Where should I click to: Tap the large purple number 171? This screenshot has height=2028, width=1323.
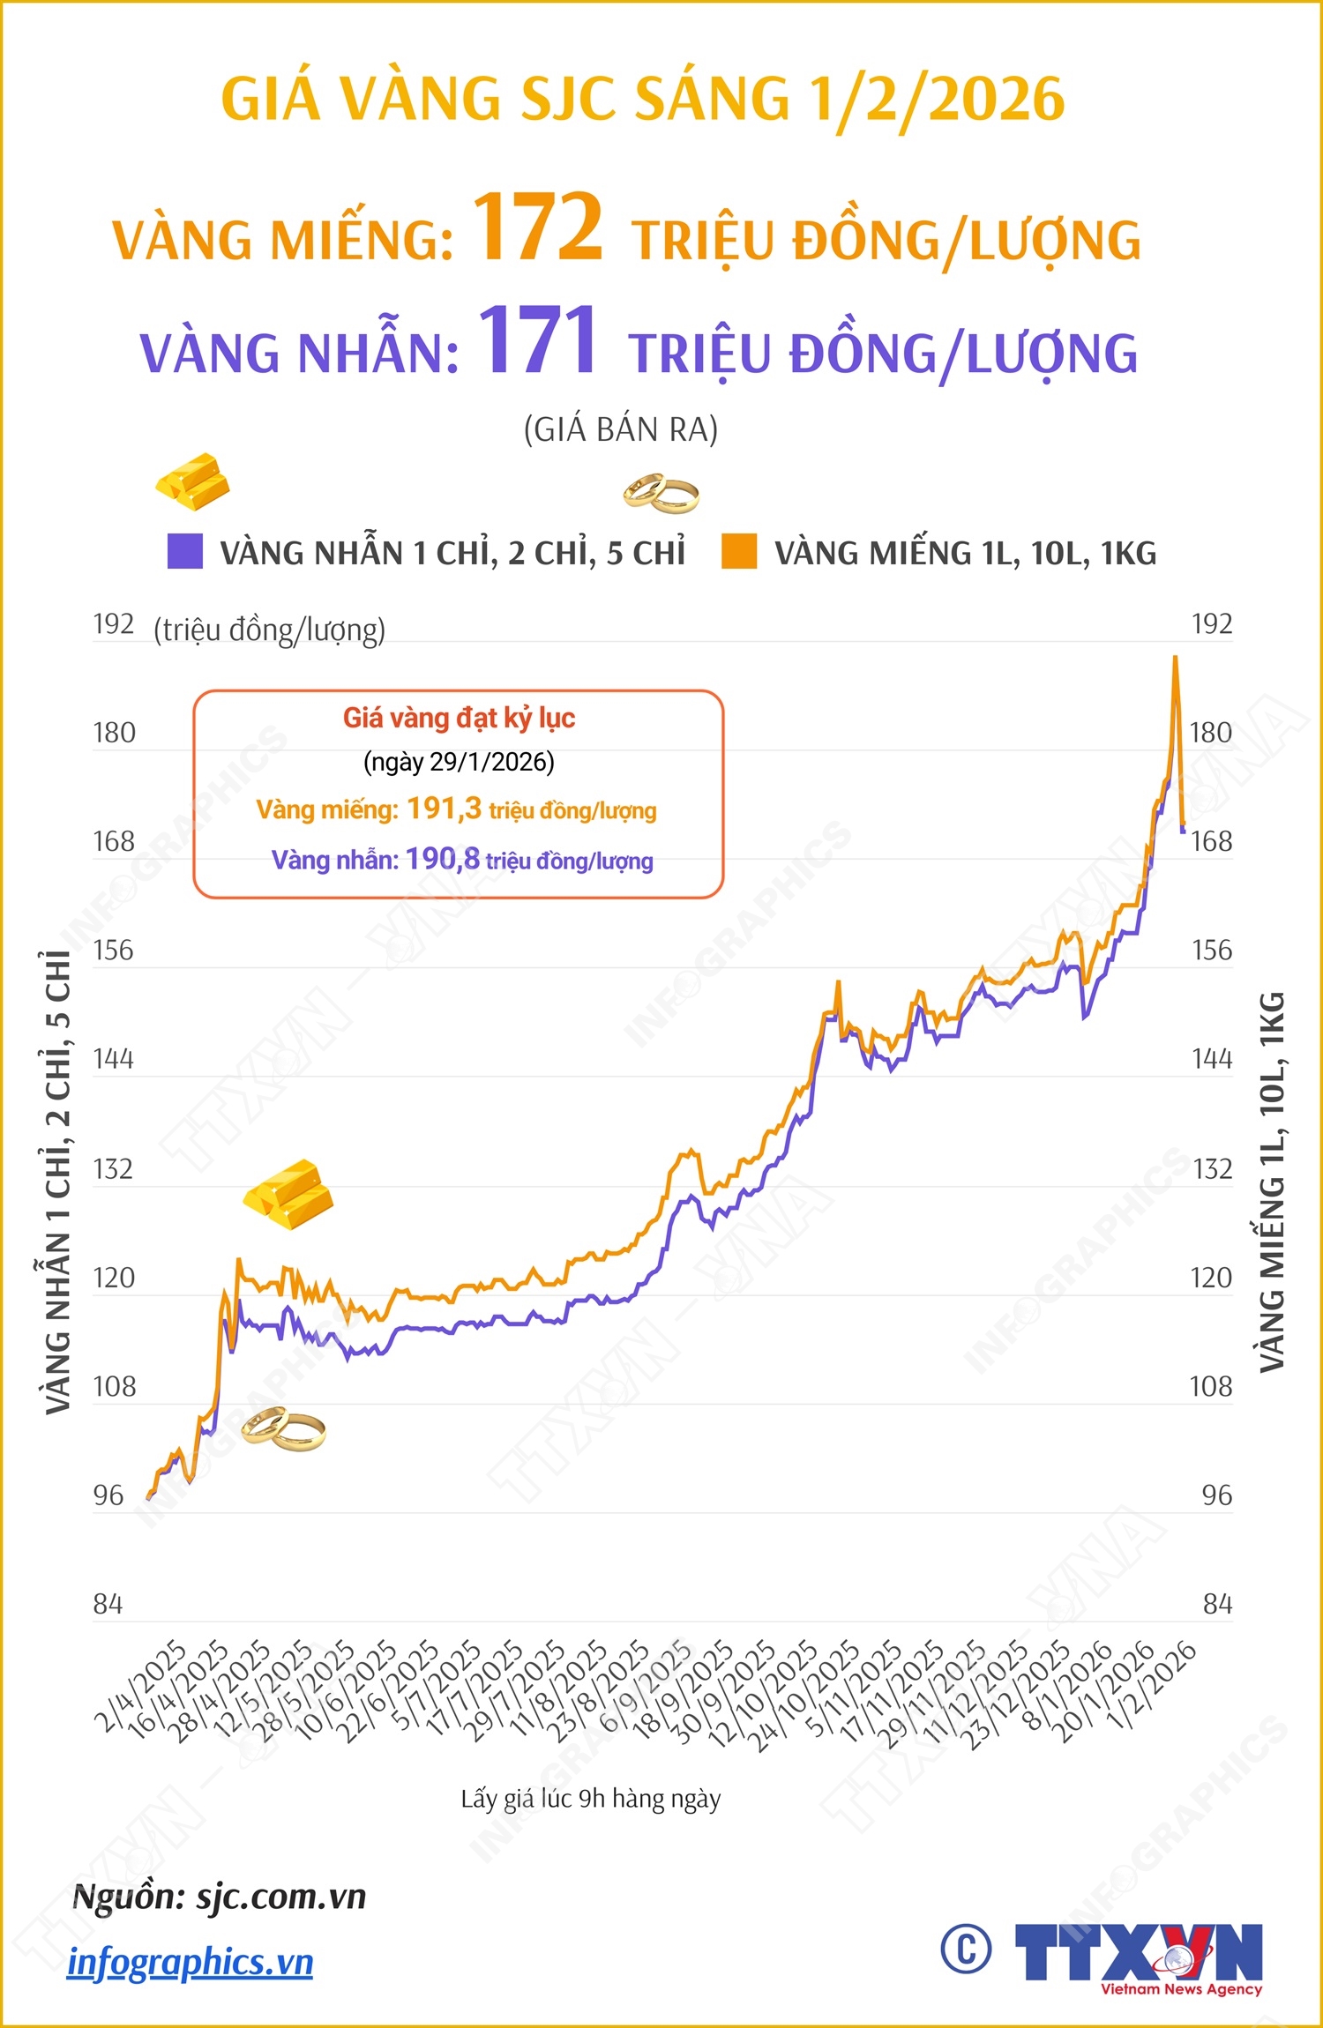pos(538,341)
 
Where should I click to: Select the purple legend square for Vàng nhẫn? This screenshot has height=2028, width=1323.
pos(185,551)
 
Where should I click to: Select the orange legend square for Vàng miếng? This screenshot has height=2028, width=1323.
pos(739,551)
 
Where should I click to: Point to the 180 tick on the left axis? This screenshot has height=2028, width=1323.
pos(115,733)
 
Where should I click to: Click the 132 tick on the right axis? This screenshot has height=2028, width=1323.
pos(1212,1169)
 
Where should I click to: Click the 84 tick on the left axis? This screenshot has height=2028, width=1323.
pos(108,1604)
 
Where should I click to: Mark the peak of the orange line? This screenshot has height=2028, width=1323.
pos(1175,658)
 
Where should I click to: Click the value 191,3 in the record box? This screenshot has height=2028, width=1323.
pos(444,808)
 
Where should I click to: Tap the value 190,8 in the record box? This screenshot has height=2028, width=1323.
pos(443,859)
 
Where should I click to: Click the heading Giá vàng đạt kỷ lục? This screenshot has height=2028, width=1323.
pos(459,718)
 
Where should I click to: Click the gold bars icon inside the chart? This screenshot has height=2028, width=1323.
pos(288,1194)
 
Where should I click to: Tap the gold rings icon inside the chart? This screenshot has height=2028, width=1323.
pos(283,1428)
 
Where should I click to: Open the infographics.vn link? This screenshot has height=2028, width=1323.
pos(191,1963)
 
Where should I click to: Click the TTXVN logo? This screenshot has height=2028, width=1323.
pos(1139,1951)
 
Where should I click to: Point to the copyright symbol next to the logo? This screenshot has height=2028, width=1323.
pos(966,1948)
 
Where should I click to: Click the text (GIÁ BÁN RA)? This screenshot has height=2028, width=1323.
pos(621,430)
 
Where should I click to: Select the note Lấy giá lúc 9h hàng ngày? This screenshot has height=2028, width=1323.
pos(590,1799)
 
